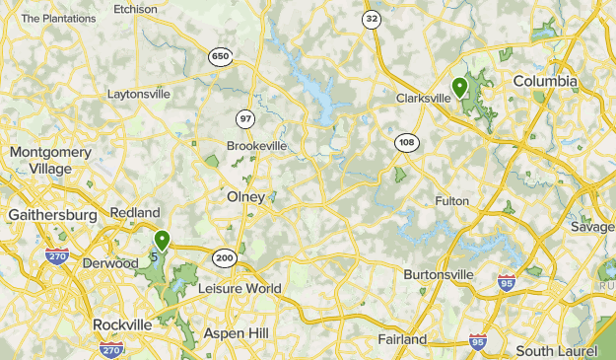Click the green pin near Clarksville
coord(459,87)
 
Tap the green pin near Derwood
coord(162,239)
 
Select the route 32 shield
coord(371,19)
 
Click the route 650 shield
coord(220,57)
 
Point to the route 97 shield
coord(245,118)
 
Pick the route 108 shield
coord(406,143)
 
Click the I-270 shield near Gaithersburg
coord(57,256)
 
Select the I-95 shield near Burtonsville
coord(507,281)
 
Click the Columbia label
coord(545,81)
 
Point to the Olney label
coord(245,197)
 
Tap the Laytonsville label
coord(139,95)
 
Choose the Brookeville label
coord(256,145)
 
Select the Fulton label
coord(451,201)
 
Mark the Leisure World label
coord(240,289)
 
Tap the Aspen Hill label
coord(236,333)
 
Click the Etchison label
coord(135,9)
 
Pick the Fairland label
coord(402,339)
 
